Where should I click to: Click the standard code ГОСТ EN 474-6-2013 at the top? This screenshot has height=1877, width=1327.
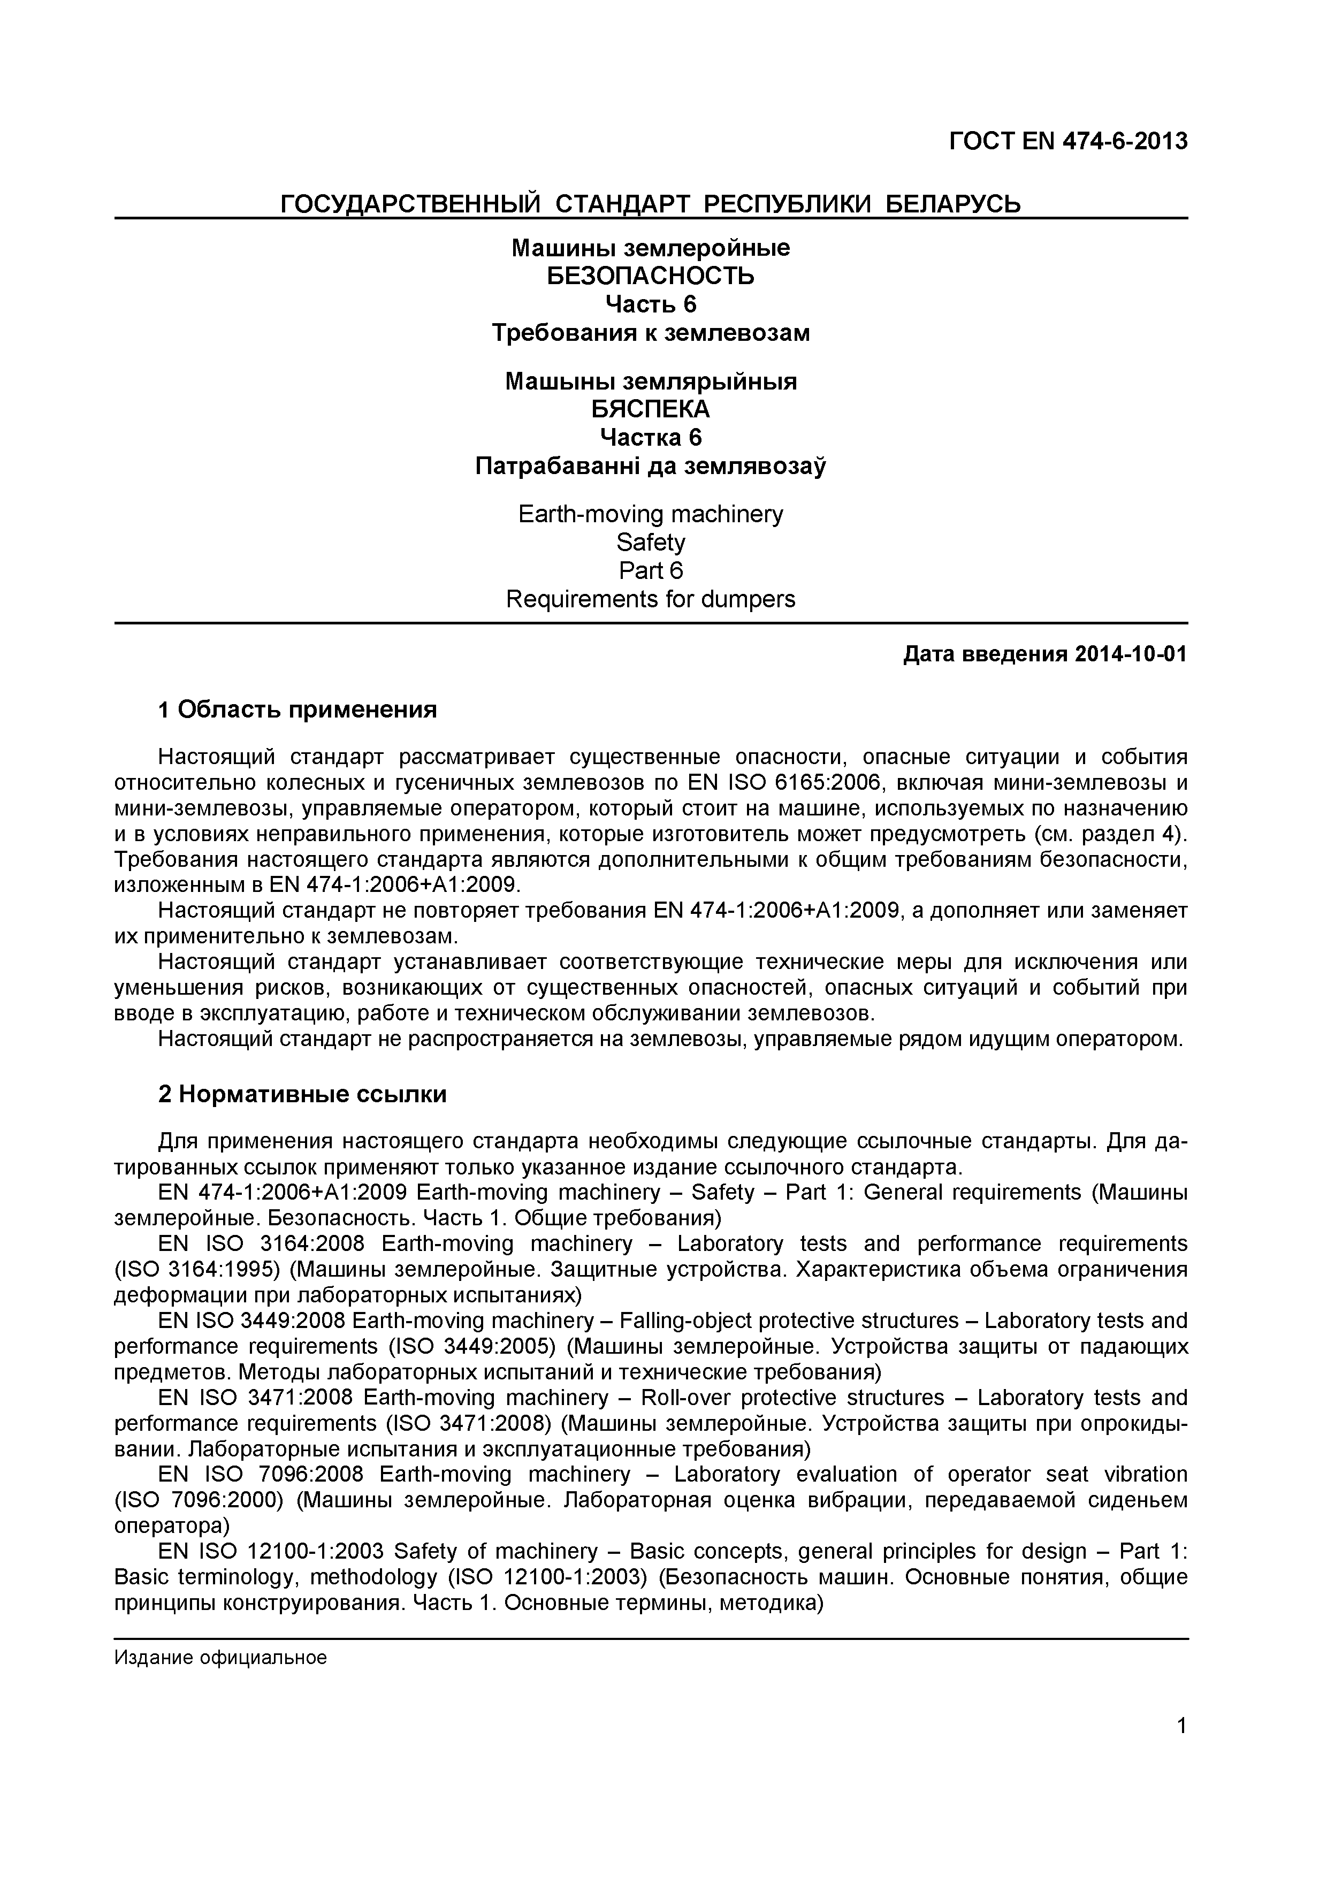pyautogui.click(x=1068, y=141)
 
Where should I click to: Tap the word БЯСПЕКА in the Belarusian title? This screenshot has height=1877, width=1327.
pyautogui.click(x=650, y=409)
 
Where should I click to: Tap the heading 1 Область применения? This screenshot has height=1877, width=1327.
pyautogui.click(x=298, y=709)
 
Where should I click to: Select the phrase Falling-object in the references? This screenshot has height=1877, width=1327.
pyautogui.click(x=692, y=1321)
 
